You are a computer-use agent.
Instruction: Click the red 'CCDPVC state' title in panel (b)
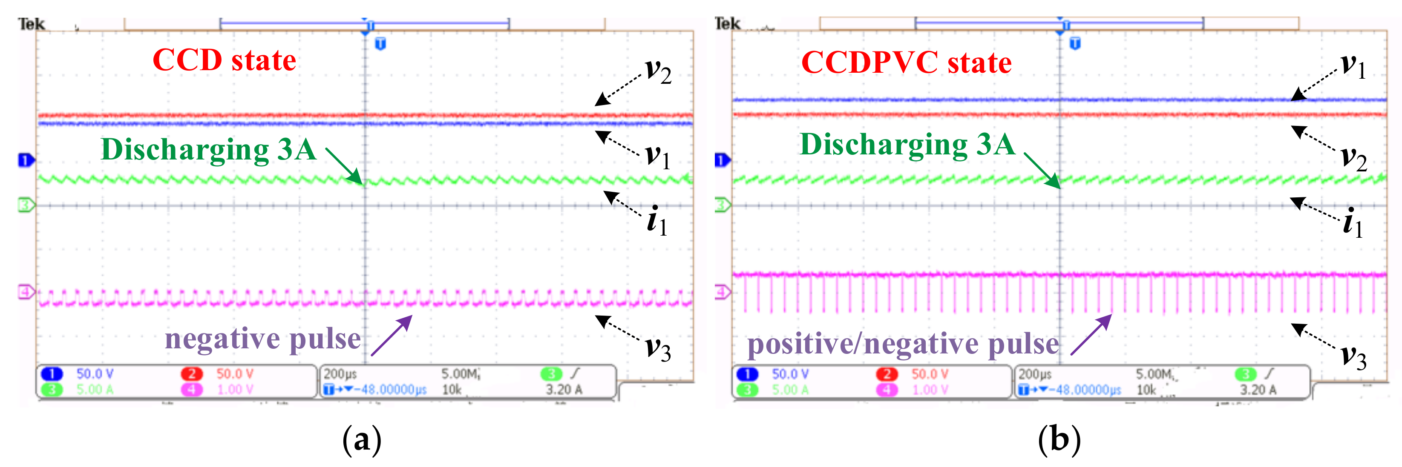[906, 63]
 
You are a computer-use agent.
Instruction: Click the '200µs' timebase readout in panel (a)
[340, 374]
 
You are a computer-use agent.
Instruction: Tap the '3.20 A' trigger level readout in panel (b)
[1258, 390]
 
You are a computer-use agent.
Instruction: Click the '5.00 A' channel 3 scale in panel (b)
[790, 390]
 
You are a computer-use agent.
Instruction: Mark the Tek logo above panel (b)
[727, 24]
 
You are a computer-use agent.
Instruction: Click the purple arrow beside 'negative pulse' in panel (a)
[392, 336]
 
